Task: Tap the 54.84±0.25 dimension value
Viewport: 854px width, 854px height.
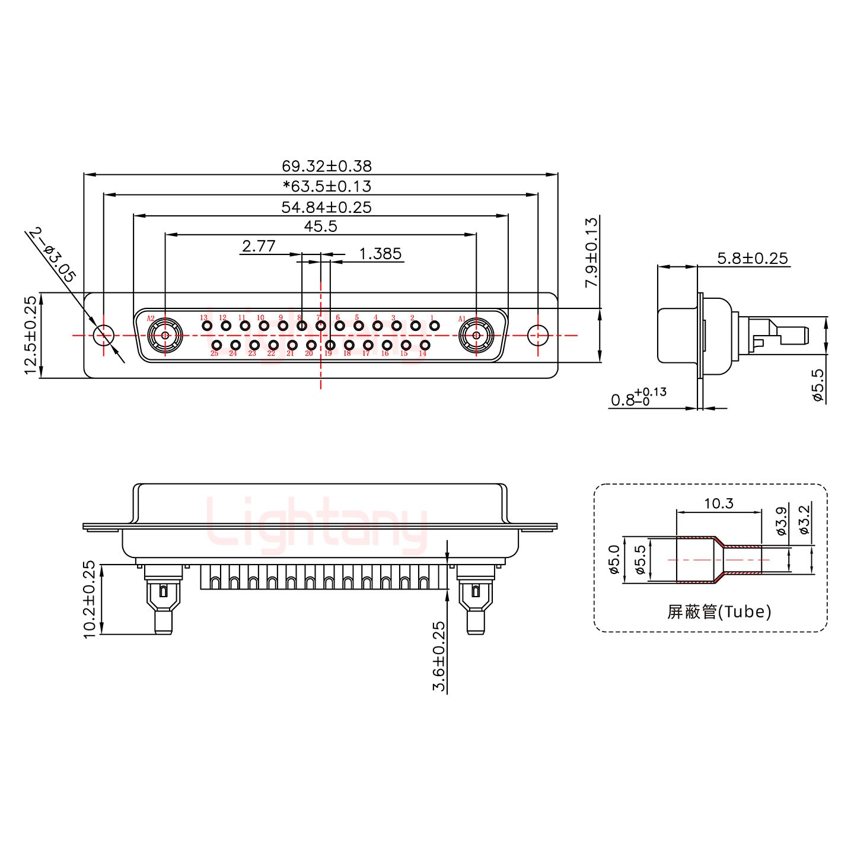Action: (326, 207)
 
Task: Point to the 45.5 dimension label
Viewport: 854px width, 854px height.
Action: (320, 226)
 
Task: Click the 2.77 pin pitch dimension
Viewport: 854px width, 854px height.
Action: (259, 246)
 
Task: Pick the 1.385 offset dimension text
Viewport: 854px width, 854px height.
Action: (380, 254)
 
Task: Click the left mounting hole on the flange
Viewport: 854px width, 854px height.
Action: (104, 335)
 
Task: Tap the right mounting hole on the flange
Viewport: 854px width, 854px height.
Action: (538, 335)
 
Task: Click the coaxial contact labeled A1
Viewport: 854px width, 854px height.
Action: (476, 335)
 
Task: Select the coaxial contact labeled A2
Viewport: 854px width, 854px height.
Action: (164, 335)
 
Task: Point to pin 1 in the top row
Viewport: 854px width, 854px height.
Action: (434, 326)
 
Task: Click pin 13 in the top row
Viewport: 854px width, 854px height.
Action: (207, 326)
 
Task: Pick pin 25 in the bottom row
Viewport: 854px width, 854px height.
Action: (217, 345)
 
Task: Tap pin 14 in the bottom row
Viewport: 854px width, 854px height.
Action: (425, 345)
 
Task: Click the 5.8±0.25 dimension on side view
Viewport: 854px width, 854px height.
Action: (752, 258)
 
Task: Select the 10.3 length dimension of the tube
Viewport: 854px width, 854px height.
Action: (719, 504)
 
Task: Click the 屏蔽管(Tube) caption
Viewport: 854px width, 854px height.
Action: (719, 611)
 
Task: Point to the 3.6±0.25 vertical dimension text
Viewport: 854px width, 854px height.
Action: (439, 657)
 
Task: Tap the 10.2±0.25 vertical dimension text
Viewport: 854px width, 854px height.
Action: (90, 600)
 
